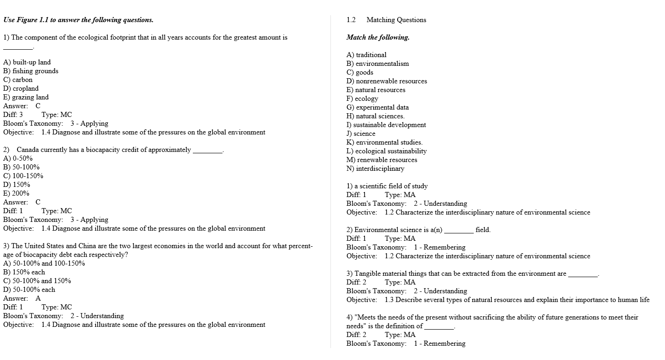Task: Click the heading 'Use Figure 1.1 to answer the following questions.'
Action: (78, 20)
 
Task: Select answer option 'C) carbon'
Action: (18, 80)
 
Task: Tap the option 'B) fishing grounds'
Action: (31, 71)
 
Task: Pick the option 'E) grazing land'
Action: (26, 97)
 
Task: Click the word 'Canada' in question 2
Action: (28, 150)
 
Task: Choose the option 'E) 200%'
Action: (16, 193)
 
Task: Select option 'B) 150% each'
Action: (24, 272)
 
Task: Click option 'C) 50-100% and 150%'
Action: (37, 281)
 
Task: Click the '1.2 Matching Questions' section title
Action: (386, 20)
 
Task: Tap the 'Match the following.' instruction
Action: (378, 37)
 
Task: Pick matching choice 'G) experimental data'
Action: (377, 107)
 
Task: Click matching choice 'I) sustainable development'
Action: (386, 125)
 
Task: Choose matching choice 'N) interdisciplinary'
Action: (375, 168)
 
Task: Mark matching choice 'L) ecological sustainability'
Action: (387, 151)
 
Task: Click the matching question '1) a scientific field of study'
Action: (387, 186)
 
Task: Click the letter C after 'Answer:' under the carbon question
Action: (38, 106)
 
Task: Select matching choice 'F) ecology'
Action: (362, 99)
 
